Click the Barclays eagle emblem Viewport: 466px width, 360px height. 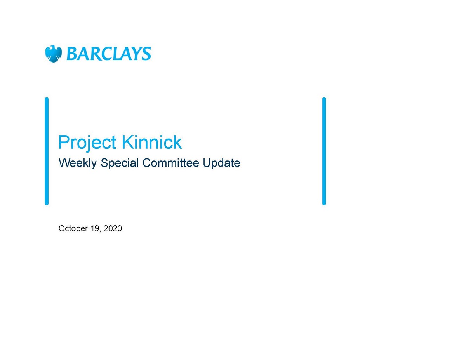[x=54, y=54]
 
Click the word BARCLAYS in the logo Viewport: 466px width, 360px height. [x=109, y=53]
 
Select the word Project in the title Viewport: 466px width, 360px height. [x=87, y=143]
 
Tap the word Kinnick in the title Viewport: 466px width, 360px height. [x=152, y=142]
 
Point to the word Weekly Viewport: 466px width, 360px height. [x=78, y=163]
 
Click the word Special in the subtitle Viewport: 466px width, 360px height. [x=120, y=163]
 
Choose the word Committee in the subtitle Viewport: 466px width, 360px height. [x=171, y=163]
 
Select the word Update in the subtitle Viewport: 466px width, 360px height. [x=221, y=163]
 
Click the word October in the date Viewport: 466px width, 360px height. [x=73, y=228]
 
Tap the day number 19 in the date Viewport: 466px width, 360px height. [x=94, y=228]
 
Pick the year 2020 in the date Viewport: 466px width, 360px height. [x=113, y=228]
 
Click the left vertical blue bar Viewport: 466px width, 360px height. [x=47, y=151]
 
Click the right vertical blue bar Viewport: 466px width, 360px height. [x=324, y=151]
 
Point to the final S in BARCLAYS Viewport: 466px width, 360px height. [x=147, y=54]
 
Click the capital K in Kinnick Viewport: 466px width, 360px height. [x=128, y=142]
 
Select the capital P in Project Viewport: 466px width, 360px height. [x=64, y=142]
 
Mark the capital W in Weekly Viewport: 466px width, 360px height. [x=65, y=163]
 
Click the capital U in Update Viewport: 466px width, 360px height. [x=207, y=163]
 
